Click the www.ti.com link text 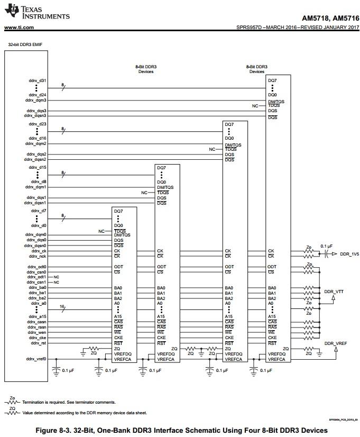pos(19,27)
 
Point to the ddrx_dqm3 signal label pos(35,100)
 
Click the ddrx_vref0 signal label pos(36,359)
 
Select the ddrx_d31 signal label pos(38,81)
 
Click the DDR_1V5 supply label pos(349,254)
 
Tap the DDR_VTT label pos(334,292)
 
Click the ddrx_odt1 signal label pos(37,277)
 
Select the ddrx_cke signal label pos(38,338)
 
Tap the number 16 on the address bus pos(62,307)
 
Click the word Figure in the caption pos(49,430)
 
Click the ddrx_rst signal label pos(38,343)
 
